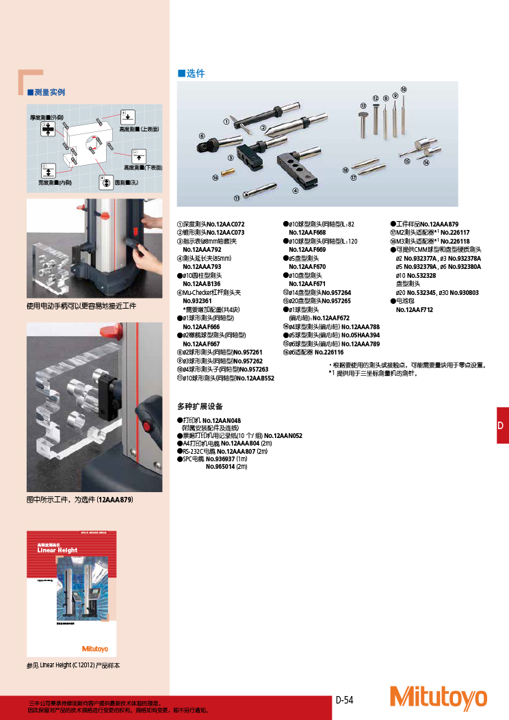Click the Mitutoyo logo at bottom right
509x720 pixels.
click(x=439, y=697)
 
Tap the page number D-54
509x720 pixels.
click(x=344, y=699)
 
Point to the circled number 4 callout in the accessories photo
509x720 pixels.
click(x=295, y=191)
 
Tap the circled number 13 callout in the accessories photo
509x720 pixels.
click(x=363, y=105)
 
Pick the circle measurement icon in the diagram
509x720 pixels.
click(x=105, y=182)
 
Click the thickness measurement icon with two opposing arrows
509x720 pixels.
click(x=47, y=130)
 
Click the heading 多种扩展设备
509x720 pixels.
click(x=201, y=406)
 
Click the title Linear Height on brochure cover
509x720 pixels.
click(x=57, y=550)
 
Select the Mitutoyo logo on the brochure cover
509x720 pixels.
click(x=95, y=649)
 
